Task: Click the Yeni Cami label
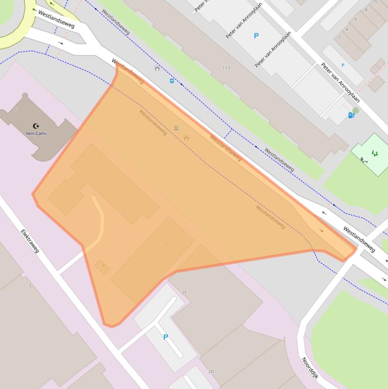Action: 36,133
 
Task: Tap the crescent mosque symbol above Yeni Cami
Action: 36,126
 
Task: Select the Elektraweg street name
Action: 30,241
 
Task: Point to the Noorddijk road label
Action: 310,367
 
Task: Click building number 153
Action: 226,68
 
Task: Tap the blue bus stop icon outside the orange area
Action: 172,80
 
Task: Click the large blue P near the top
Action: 256,36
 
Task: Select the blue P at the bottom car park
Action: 165,337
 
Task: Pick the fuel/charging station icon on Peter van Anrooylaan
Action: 351,115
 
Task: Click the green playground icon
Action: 374,153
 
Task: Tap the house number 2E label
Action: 184,293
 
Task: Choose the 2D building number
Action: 211,371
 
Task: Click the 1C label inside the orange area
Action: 167,244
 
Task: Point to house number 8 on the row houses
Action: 366,10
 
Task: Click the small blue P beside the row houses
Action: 343,65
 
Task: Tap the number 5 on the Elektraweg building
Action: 30,286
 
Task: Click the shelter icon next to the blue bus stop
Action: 157,68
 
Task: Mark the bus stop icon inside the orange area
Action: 176,128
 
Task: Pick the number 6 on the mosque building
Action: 16,110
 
